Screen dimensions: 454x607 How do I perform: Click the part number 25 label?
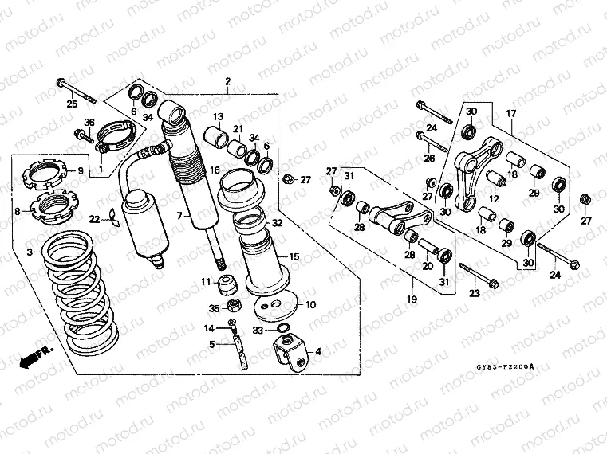click(x=71, y=104)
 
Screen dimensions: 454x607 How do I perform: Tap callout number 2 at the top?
click(x=227, y=81)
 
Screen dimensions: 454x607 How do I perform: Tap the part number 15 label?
click(x=294, y=256)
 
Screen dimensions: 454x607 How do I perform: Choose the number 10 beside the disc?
click(x=310, y=304)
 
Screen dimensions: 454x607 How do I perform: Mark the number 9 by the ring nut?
click(x=80, y=170)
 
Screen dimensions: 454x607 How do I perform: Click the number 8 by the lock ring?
click(x=18, y=212)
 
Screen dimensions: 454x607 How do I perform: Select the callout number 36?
click(x=89, y=122)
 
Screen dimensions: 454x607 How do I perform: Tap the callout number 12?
click(x=495, y=199)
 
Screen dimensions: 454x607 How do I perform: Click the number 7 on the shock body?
click(x=179, y=216)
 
